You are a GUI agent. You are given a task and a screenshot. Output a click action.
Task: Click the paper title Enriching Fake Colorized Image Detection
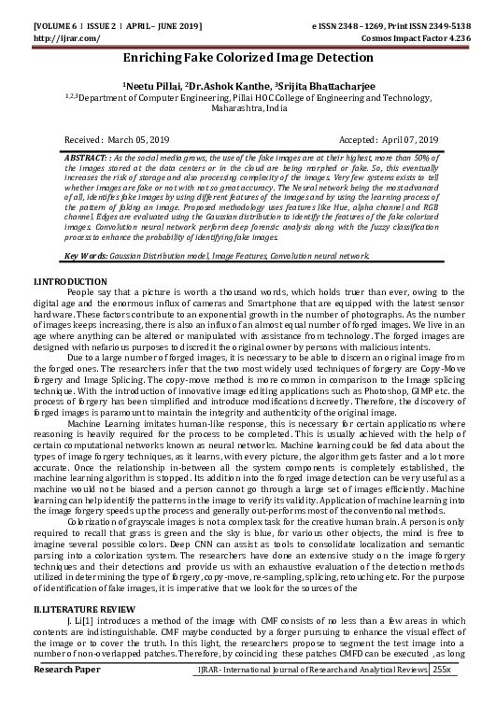tap(241, 58)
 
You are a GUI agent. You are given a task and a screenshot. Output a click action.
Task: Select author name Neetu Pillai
tap(149, 82)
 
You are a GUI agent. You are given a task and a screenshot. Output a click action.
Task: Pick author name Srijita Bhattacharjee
tap(314, 82)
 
